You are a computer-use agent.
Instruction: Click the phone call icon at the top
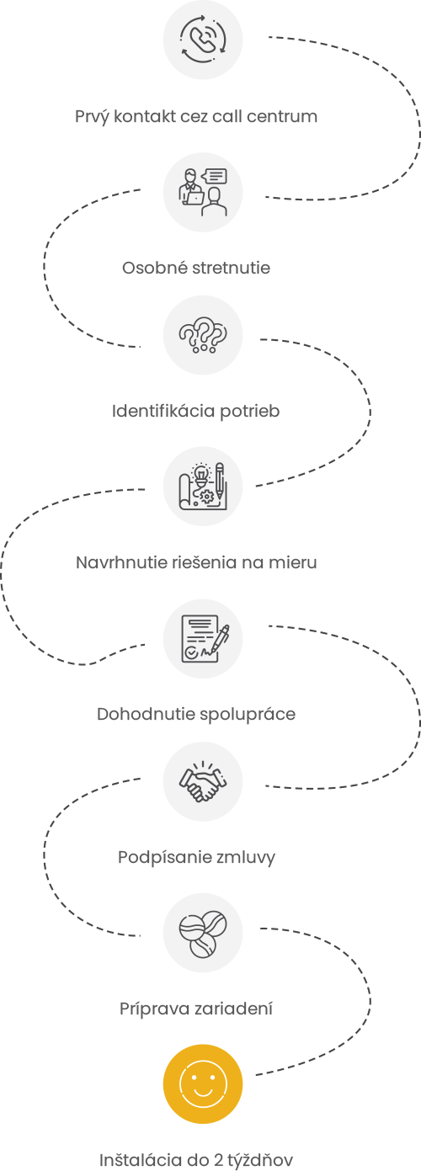(203, 40)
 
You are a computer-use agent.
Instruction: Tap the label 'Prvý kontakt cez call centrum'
(196, 116)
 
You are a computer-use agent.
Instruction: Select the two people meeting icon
(203, 193)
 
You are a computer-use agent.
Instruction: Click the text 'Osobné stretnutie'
(196, 268)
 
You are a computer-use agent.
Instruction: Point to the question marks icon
(203, 335)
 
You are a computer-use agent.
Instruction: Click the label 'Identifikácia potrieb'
(195, 411)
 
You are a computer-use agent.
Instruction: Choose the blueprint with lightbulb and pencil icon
(203, 487)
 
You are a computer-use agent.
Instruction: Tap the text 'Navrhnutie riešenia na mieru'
(196, 562)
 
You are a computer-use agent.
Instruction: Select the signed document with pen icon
(203, 639)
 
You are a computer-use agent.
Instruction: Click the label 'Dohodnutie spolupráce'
(196, 714)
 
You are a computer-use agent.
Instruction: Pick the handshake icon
(203, 781)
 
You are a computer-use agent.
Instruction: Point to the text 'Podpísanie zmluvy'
(196, 857)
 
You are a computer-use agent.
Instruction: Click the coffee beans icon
(203, 933)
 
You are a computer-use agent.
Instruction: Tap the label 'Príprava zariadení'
(196, 1009)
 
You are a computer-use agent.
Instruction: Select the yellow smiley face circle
(203, 1084)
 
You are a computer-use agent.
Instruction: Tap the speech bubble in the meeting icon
(215, 176)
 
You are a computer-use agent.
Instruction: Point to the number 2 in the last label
(219, 1160)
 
